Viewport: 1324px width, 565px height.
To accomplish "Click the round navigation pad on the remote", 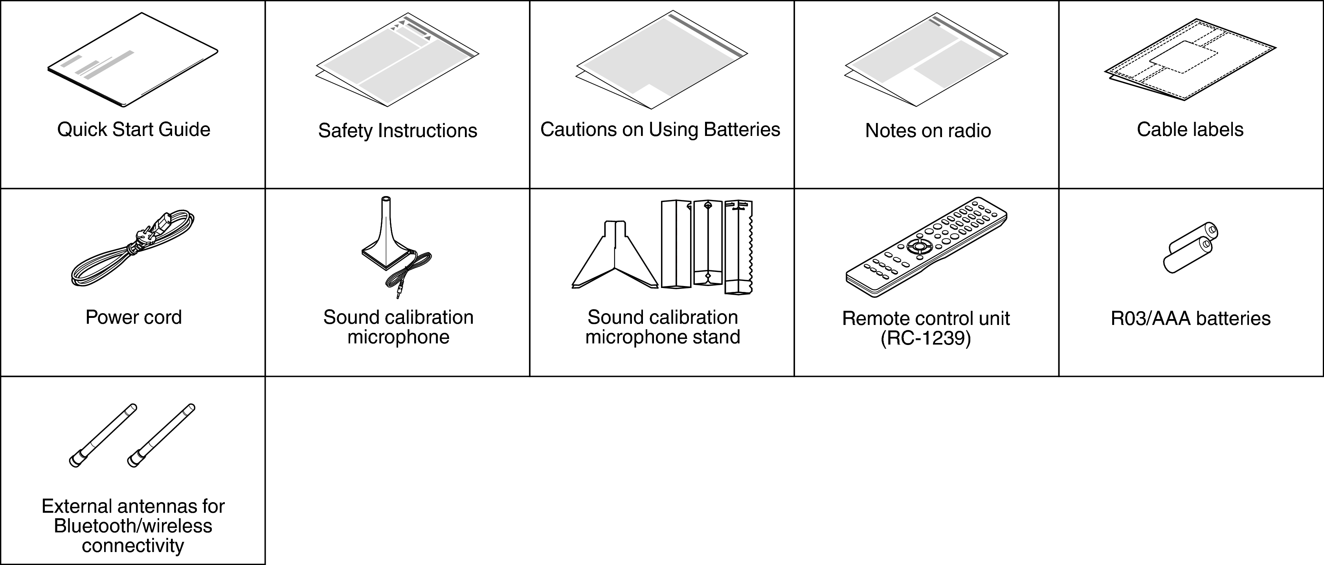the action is point(917,246).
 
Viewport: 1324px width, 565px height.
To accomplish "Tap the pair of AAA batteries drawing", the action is point(1190,248).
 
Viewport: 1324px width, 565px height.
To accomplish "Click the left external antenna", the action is point(103,435).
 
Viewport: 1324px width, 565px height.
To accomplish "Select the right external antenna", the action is point(161,435).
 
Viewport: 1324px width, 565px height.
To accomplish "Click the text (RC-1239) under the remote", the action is point(926,338).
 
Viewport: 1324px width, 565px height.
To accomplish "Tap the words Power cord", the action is point(133,317).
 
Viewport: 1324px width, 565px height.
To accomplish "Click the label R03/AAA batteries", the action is point(1190,319).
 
